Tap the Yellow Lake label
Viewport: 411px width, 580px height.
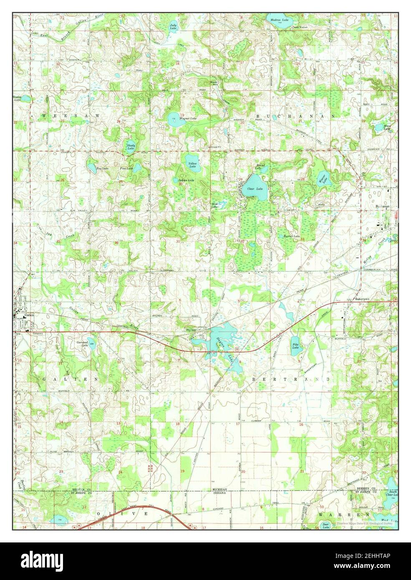[x=192, y=165]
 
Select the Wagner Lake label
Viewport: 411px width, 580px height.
[x=187, y=119]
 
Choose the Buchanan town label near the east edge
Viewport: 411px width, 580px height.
[x=382, y=207]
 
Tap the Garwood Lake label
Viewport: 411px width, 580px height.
[x=82, y=344]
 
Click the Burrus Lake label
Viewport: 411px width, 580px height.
[x=292, y=237]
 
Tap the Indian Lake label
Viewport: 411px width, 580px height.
[x=184, y=180]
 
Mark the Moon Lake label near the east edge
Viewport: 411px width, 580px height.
[x=387, y=128]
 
